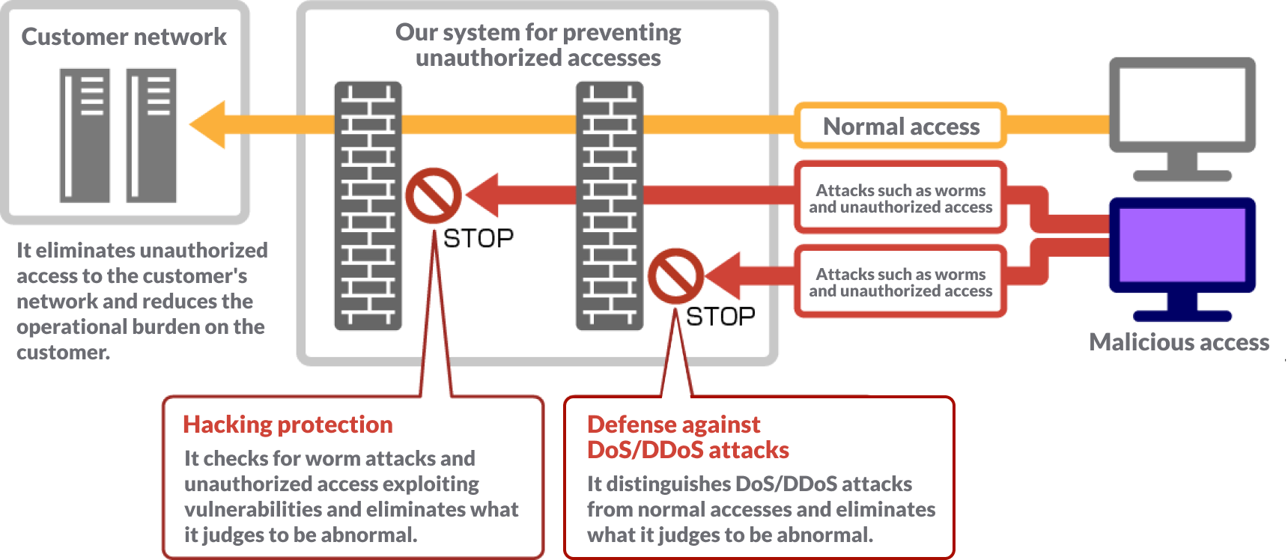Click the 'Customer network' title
click(124, 37)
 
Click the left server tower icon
click(85, 136)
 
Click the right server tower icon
click(151, 136)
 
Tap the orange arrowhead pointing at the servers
click(208, 124)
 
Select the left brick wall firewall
click(368, 206)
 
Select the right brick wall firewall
click(610, 206)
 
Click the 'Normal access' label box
click(900, 126)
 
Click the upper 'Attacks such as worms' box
click(900, 198)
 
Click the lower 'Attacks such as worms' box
click(900, 282)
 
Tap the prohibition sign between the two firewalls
click(433, 195)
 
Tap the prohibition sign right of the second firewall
click(675, 276)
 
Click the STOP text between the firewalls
click(478, 239)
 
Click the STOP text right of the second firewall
click(720, 317)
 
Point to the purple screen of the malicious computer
click(1182, 244)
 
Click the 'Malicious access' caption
click(1179, 342)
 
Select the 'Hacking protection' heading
click(288, 424)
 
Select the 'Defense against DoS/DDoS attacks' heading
click(687, 437)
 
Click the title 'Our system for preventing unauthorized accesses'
click(538, 45)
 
